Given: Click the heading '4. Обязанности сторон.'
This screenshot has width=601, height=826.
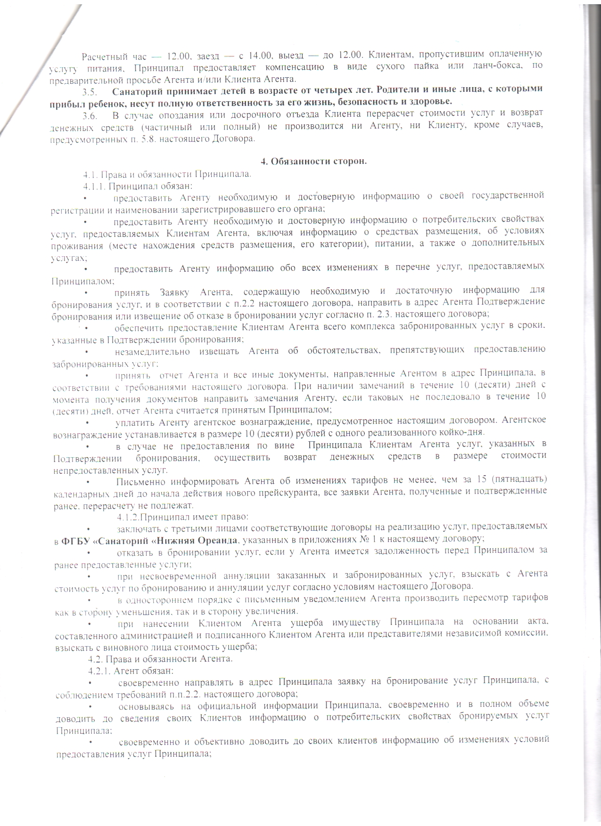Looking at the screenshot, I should [x=313, y=162].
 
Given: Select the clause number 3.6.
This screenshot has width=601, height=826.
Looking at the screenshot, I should [x=90, y=114].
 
